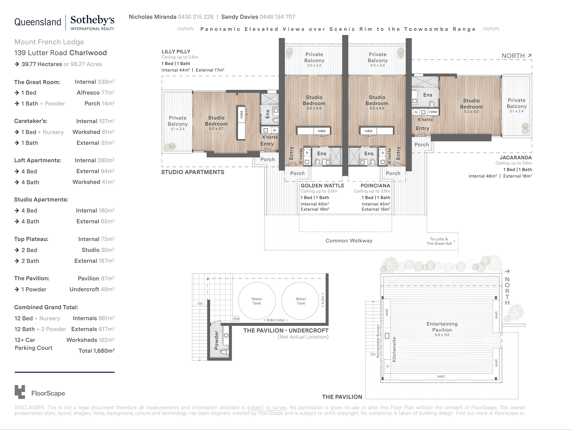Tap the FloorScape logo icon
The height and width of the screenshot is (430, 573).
click(20, 392)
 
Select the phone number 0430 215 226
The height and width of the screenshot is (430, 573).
click(196, 17)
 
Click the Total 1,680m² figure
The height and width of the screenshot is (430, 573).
click(96, 351)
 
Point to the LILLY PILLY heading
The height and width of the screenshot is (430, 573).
click(176, 52)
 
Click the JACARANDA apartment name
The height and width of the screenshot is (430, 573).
click(516, 157)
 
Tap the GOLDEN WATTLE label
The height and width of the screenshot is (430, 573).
click(322, 185)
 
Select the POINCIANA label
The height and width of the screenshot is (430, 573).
click(375, 185)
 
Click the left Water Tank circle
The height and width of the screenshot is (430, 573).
click(257, 301)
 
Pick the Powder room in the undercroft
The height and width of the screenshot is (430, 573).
click(217, 340)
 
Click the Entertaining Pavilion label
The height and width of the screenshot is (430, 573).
click(442, 327)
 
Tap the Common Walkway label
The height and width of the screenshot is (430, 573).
click(349, 241)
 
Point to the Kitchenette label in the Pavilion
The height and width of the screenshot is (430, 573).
click(394, 349)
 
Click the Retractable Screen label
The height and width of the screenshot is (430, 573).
click(378, 341)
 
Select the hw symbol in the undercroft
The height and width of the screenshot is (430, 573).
click(236, 318)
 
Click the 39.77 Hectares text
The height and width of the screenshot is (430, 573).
click(42, 64)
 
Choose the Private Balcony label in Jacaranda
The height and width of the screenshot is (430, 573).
click(517, 103)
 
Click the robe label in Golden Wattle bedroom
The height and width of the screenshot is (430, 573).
click(321, 131)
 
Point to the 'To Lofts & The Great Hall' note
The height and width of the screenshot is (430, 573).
click(439, 241)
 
